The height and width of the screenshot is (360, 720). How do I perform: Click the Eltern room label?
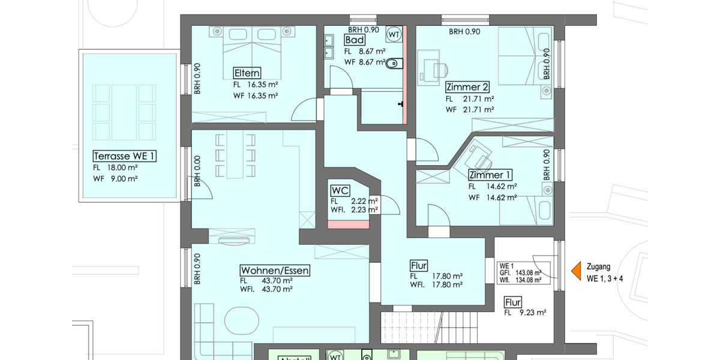coord(247,74)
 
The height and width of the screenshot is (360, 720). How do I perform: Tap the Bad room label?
coord(354,40)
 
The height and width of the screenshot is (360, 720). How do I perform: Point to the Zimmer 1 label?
coord(490,175)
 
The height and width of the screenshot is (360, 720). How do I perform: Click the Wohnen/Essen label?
coord(275,270)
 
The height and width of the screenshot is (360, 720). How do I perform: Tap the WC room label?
coord(340,191)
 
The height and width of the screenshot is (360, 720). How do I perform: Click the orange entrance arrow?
coord(576,271)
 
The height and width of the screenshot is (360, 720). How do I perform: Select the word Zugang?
coord(599,267)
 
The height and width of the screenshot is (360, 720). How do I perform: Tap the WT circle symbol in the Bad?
coord(394,34)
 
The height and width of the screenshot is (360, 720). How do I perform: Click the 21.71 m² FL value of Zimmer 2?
coord(478,99)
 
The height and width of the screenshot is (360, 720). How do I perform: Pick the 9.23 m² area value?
coord(533,313)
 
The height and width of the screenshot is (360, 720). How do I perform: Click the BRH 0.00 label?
coord(196,172)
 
